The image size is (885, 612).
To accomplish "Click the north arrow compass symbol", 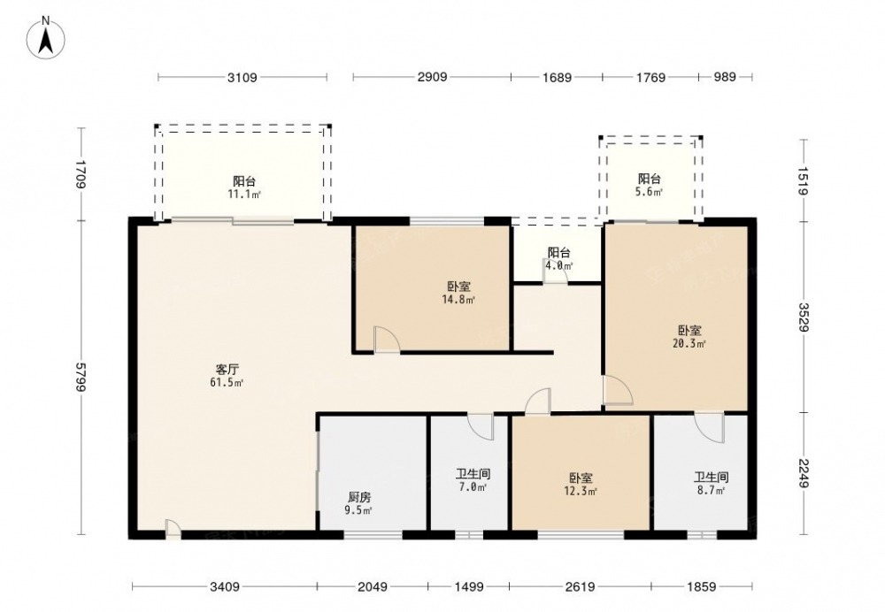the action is pos(46,37).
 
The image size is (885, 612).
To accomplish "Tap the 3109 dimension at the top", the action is pos(242,77).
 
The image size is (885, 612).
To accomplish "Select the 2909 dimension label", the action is pos(433,77).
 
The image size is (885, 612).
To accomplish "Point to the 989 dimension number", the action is pos(725,77).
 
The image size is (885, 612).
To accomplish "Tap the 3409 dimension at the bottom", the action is pos(225,587).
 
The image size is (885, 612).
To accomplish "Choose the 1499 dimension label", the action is pos(468,587).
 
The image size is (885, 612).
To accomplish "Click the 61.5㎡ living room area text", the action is pos(227,383).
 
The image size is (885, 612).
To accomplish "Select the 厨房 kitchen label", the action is pos(359,498).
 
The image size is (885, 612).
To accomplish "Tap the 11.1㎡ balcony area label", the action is pos(244,194).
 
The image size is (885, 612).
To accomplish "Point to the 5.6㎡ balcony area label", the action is pos(650,192).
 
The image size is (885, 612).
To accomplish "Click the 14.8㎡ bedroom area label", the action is pos(458,300).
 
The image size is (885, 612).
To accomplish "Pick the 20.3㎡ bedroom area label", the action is pos(689,343).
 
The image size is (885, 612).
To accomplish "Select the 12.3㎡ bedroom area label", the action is pos(581,492).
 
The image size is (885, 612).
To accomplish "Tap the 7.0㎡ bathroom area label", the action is pos(473,486).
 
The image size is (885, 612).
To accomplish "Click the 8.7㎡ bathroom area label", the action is pos(711,491).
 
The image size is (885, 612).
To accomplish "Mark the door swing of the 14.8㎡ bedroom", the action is pos(387,340).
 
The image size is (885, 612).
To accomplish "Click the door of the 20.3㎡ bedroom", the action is pos(618,390).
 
